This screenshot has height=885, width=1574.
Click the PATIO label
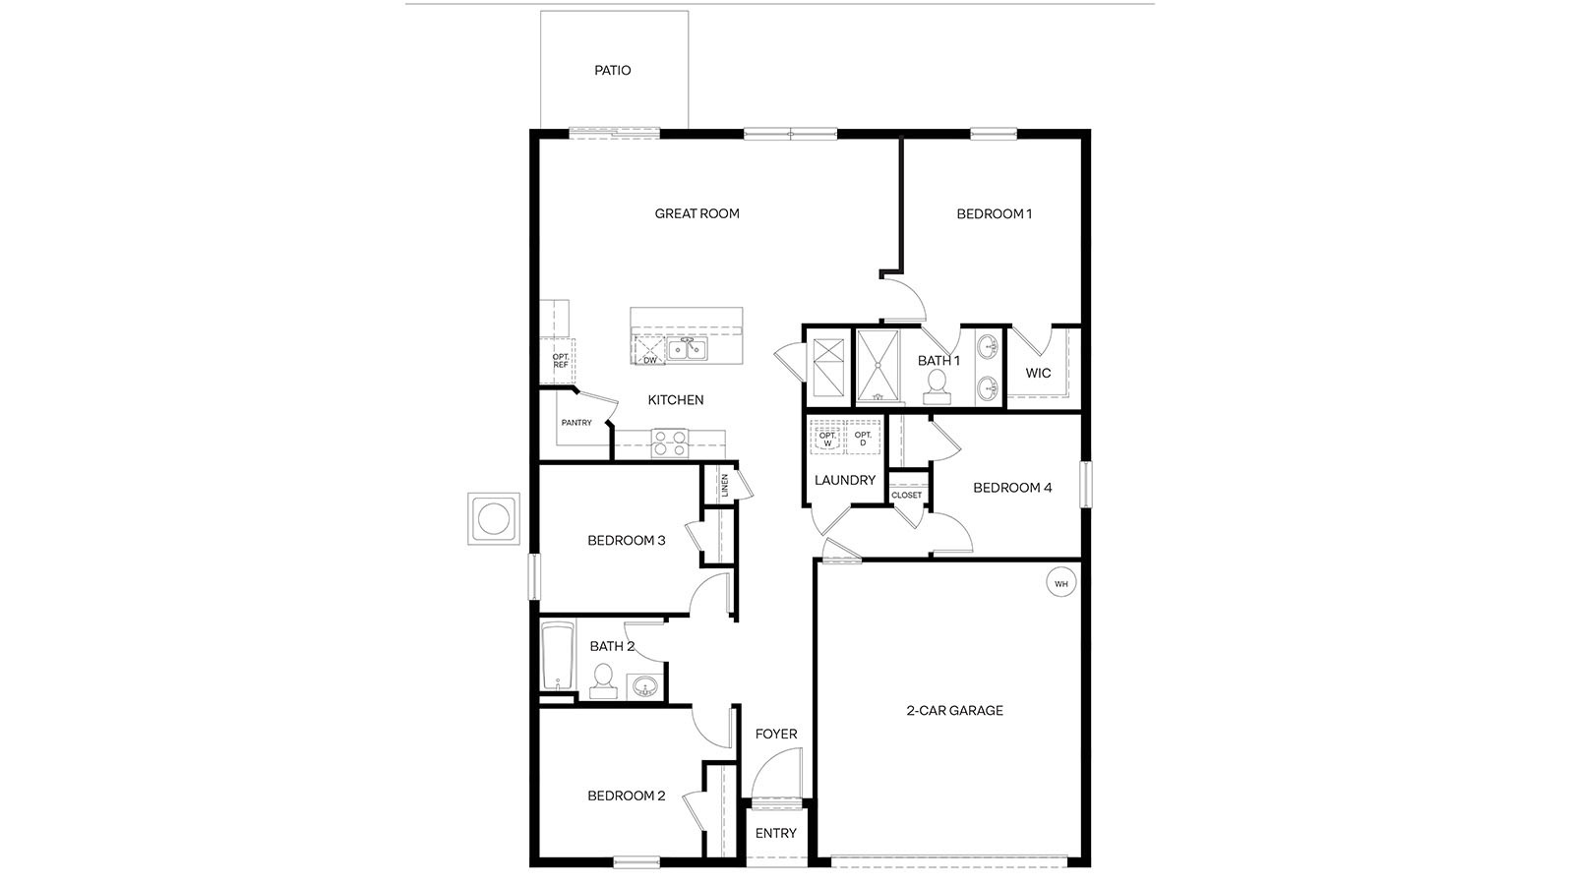pyautogui.click(x=612, y=71)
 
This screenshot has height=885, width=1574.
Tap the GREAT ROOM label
pyautogui.click(x=696, y=213)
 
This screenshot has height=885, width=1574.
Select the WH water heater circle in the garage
pyautogui.click(x=1060, y=584)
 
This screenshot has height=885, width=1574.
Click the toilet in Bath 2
pyautogui.click(x=602, y=680)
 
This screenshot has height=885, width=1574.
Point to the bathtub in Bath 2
pyautogui.click(x=557, y=657)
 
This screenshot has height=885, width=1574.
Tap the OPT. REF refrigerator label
pyautogui.click(x=560, y=361)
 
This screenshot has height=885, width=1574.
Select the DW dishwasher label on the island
pyautogui.click(x=649, y=360)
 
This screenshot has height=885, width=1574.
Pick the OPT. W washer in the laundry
pyautogui.click(x=826, y=439)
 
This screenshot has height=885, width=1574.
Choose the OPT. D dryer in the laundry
pyautogui.click(x=863, y=439)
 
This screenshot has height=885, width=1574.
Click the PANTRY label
pyautogui.click(x=576, y=423)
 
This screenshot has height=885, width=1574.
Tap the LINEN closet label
pyautogui.click(x=724, y=485)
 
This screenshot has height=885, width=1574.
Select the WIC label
pyautogui.click(x=1038, y=373)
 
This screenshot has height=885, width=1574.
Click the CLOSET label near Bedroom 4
pyautogui.click(x=907, y=495)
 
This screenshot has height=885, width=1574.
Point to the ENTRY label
pyautogui.click(x=775, y=834)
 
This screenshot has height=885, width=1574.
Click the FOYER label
pyautogui.click(x=775, y=734)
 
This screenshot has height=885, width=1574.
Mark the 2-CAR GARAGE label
pyautogui.click(x=954, y=710)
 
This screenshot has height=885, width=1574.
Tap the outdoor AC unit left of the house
pyautogui.click(x=493, y=517)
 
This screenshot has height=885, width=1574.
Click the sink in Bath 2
pyautogui.click(x=644, y=684)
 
